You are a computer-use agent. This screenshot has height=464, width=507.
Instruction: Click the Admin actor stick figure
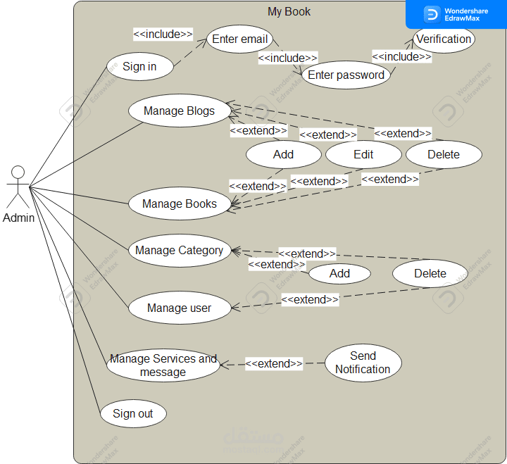[18, 187]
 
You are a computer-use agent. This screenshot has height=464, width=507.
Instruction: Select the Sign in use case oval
[139, 66]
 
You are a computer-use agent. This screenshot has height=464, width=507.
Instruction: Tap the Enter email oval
[240, 39]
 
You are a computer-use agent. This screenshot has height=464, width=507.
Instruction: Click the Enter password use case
[346, 75]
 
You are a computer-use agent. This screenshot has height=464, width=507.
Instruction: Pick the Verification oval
[444, 39]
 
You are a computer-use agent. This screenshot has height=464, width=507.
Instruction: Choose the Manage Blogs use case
[179, 111]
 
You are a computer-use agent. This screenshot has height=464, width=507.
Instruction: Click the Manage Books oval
[180, 204]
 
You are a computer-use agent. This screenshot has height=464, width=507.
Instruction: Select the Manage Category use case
[180, 251]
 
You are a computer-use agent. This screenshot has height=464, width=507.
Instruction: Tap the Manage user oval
[179, 308]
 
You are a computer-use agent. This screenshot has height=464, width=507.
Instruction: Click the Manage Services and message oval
[163, 365]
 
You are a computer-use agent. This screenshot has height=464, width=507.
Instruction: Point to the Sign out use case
[132, 413]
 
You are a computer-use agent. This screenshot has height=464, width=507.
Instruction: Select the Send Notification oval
[363, 363]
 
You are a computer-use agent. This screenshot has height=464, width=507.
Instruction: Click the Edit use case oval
[363, 154]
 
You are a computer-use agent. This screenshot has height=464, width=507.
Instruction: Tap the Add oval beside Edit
[283, 154]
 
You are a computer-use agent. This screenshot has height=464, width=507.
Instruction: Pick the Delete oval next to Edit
[444, 154]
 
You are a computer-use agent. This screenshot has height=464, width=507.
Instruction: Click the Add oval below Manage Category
[339, 273]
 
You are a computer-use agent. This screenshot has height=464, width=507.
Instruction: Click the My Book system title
[289, 11]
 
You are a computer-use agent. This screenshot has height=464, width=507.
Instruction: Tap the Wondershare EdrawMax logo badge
[456, 14]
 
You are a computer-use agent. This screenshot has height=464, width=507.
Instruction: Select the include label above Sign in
[163, 34]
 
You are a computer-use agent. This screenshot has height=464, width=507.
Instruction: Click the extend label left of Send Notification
[274, 363]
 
